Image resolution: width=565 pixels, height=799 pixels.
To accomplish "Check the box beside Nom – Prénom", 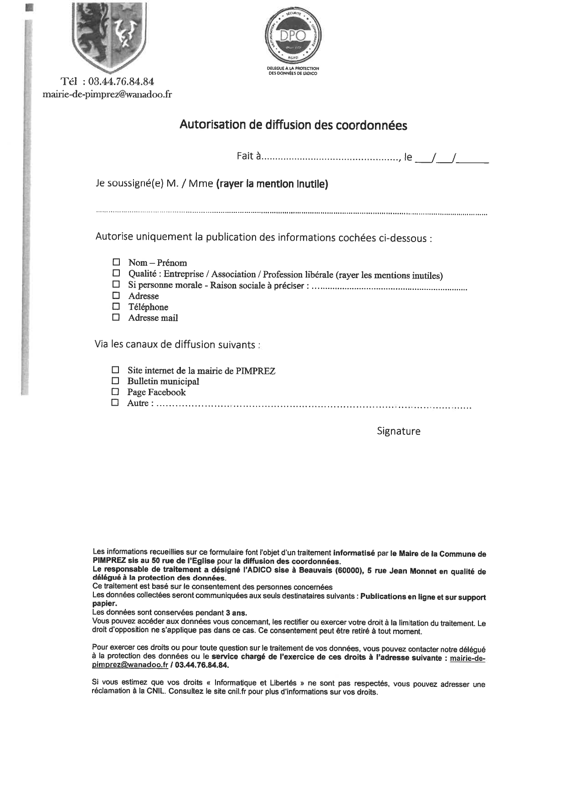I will [116, 262].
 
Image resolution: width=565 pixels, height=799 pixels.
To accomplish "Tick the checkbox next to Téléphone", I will [116, 306].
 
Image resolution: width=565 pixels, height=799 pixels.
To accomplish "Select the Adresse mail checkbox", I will [116, 317].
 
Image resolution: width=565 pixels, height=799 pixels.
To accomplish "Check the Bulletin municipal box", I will [115, 381].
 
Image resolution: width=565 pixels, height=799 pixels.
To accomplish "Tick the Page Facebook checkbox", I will [115, 392].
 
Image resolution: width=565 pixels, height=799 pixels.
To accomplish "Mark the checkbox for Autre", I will [115, 402].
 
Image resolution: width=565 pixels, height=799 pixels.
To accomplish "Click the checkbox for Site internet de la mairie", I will [115, 370].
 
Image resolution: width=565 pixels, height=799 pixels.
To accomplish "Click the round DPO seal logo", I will [293, 36].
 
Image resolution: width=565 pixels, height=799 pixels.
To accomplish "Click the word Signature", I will [398, 431].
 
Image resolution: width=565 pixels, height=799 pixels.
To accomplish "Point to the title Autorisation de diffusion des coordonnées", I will [293, 125].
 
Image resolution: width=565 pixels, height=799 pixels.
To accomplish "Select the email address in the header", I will [107, 95].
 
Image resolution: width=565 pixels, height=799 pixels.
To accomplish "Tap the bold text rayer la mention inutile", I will [272, 184].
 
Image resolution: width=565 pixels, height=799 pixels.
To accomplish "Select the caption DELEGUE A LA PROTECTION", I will [293, 68].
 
